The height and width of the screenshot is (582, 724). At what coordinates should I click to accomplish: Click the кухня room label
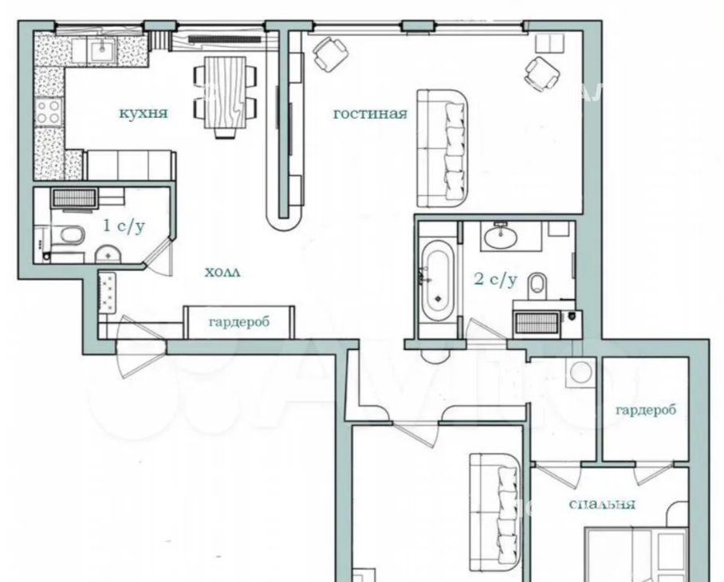click(144, 112)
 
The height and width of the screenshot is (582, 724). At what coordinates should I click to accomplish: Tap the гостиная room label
click(370, 113)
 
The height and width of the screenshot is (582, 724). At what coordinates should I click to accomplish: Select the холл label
click(222, 273)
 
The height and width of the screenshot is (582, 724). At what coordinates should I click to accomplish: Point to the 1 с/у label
click(124, 226)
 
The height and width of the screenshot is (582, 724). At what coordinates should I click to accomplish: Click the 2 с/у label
click(496, 279)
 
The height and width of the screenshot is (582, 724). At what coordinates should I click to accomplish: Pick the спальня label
click(602, 504)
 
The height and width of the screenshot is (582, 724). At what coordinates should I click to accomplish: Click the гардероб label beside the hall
click(238, 321)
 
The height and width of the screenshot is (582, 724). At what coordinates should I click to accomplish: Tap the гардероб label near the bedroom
click(646, 409)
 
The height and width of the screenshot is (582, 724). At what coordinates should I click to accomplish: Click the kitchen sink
click(102, 50)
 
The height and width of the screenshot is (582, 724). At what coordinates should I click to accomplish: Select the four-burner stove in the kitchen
click(49, 112)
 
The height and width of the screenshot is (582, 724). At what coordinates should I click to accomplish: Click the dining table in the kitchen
click(224, 92)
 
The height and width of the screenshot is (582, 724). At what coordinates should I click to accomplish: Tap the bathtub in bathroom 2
click(437, 281)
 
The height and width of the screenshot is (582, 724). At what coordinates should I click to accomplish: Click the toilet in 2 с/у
click(537, 283)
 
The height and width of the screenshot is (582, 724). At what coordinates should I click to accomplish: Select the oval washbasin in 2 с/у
click(501, 236)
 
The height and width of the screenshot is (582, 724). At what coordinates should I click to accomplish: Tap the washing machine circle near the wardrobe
click(580, 372)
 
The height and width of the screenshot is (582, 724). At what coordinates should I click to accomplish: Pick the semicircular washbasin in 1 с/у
click(108, 254)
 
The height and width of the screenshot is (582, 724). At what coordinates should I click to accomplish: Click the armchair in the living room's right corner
click(542, 74)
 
